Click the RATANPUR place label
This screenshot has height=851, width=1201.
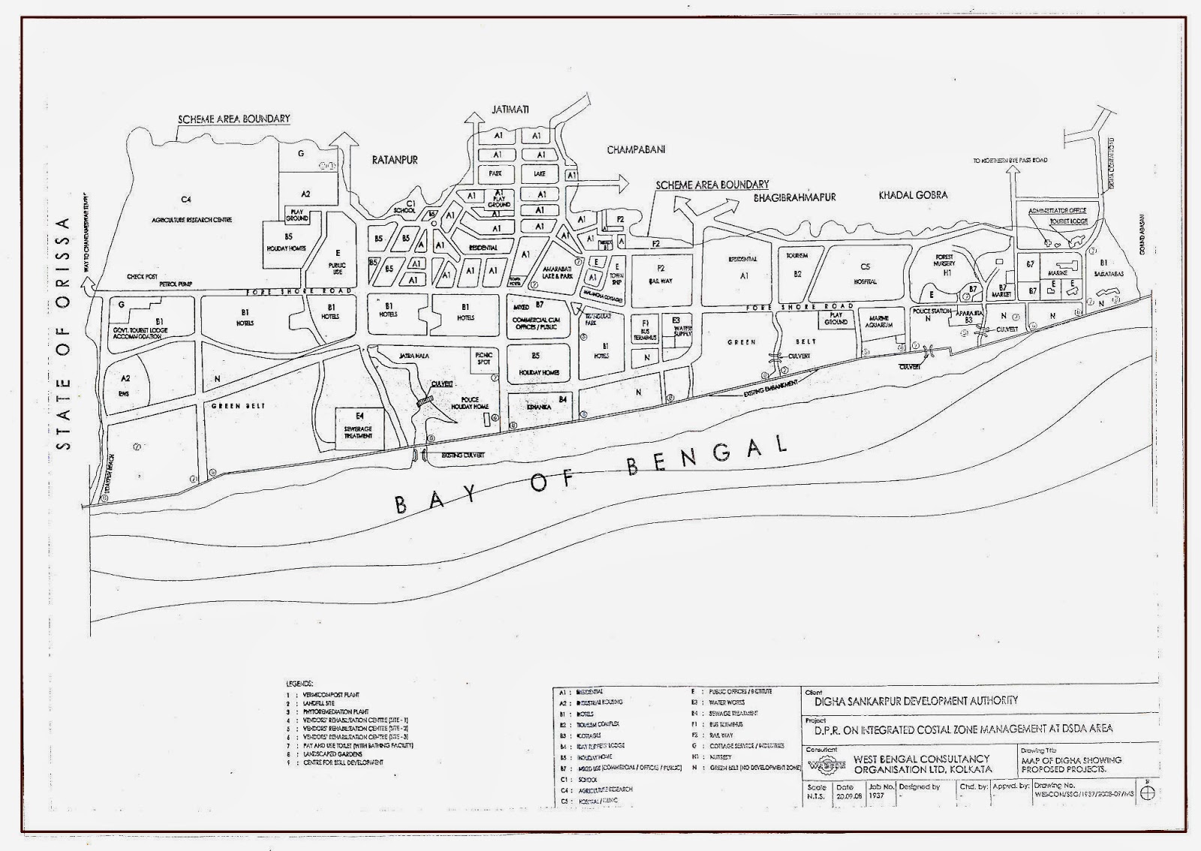pos(395,160)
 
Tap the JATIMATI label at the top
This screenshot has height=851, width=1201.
pos(510,110)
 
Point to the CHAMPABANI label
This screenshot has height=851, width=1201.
pos(636,150)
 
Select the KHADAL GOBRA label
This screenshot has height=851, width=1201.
pos(913,195)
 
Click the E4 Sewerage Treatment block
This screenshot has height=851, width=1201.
pos(359,429)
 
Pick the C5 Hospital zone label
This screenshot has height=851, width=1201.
pos(865,274)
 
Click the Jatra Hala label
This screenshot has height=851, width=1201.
pos(414,356)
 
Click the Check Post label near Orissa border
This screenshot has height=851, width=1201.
pos(142,276)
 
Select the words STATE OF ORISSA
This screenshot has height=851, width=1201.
pos(65,334)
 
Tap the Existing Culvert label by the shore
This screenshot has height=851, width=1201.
pos(462,456)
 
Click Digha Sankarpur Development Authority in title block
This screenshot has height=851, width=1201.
pos(916,700)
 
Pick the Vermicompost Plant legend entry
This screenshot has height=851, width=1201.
pos(331,695)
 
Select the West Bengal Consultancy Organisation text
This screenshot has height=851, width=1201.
pos(922,764)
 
